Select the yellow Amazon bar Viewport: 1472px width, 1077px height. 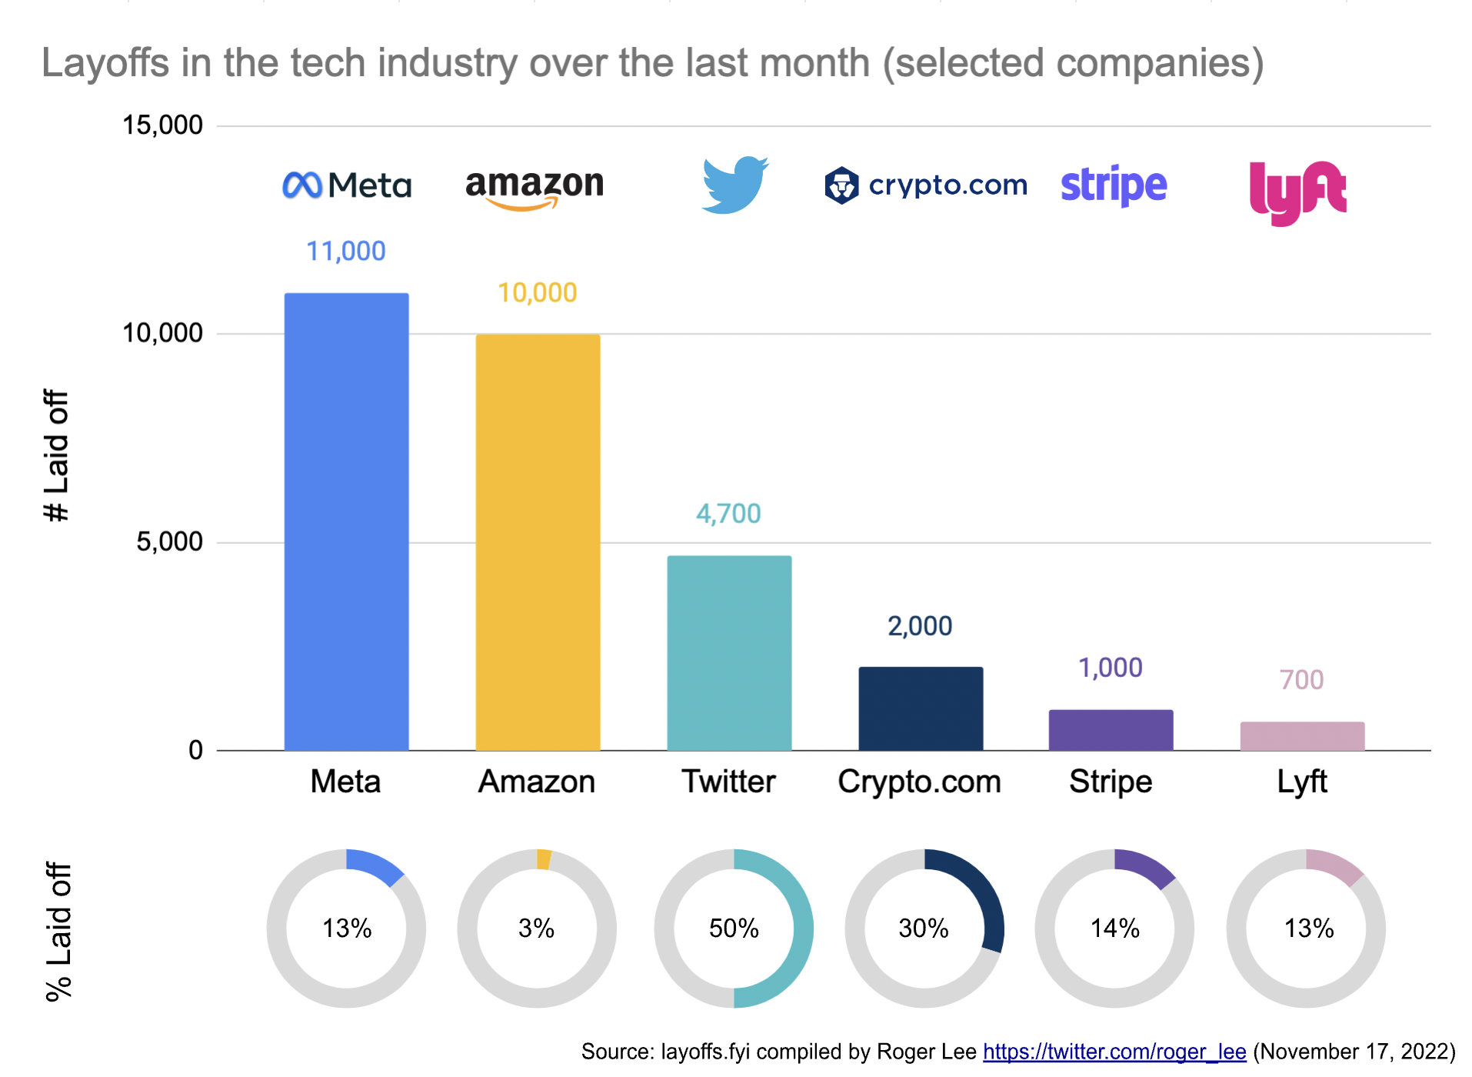(538, 542)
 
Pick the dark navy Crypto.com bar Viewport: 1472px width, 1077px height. (921, 709)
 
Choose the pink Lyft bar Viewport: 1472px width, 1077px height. (1302, 735)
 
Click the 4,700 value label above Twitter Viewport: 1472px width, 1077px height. (728, 513)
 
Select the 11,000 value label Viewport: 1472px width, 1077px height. (346, 251)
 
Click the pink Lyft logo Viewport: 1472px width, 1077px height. (1297, 192)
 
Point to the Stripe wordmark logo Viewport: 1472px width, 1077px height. (1114, 185)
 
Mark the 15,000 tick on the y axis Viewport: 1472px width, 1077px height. (162, 125)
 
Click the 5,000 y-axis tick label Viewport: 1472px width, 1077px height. (169, 542)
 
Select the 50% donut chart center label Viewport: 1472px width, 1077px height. (734, 929)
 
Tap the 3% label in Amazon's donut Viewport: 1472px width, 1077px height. (536, 929)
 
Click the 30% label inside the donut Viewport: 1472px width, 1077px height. (924, 929)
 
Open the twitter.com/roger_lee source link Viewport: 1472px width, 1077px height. (1114, 1052)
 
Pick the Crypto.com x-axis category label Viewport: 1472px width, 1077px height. (919, 782)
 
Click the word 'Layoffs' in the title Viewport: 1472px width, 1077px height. (105, 63)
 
